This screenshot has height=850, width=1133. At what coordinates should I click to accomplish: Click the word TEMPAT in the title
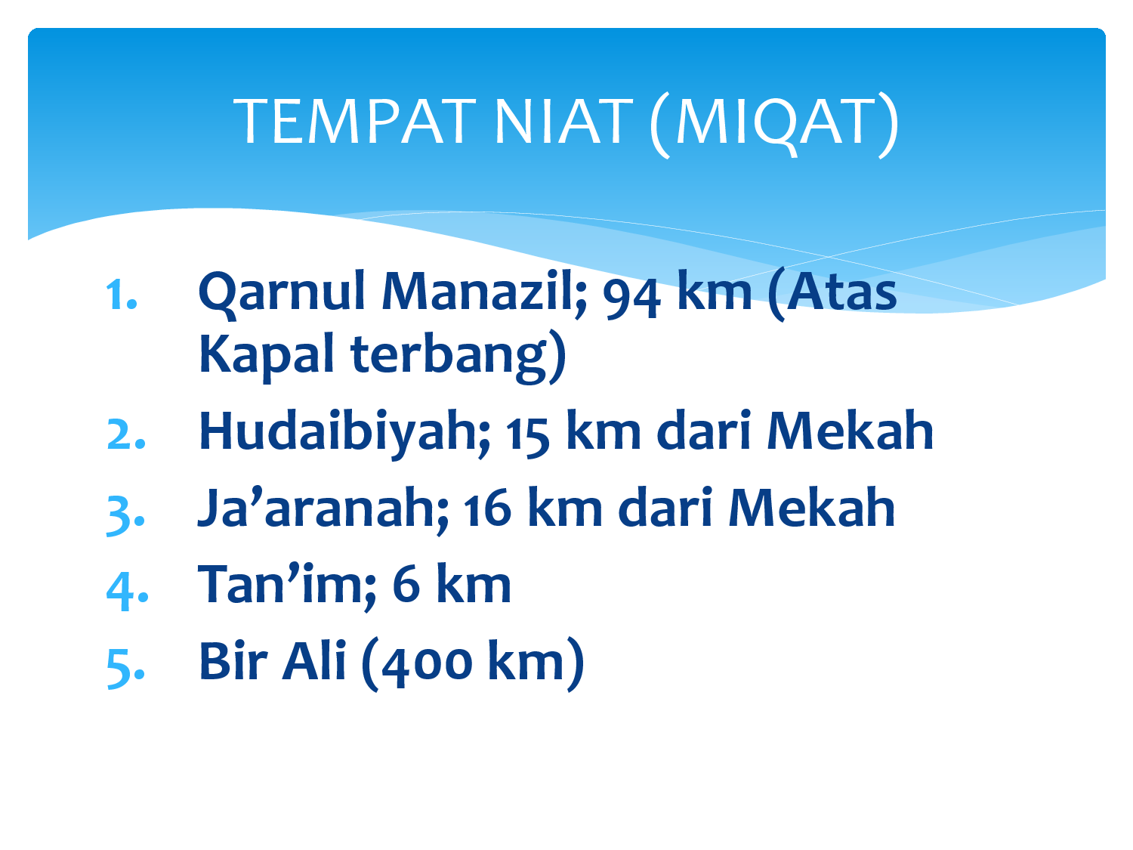(354, 122)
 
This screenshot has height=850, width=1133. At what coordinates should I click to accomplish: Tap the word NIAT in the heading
(563, 122)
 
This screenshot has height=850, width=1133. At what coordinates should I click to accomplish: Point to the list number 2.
(126, 434)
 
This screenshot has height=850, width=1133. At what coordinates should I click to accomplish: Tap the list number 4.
(127, 592)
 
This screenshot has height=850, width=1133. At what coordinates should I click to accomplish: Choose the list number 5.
(125, 669)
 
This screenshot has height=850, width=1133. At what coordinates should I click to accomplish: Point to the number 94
(631, 299)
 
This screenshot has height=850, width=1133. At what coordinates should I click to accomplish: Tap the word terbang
(448, 357)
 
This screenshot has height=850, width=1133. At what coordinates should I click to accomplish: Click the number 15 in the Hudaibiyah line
(527, 438)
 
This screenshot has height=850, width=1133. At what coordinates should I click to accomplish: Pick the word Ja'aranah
(323, 508)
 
